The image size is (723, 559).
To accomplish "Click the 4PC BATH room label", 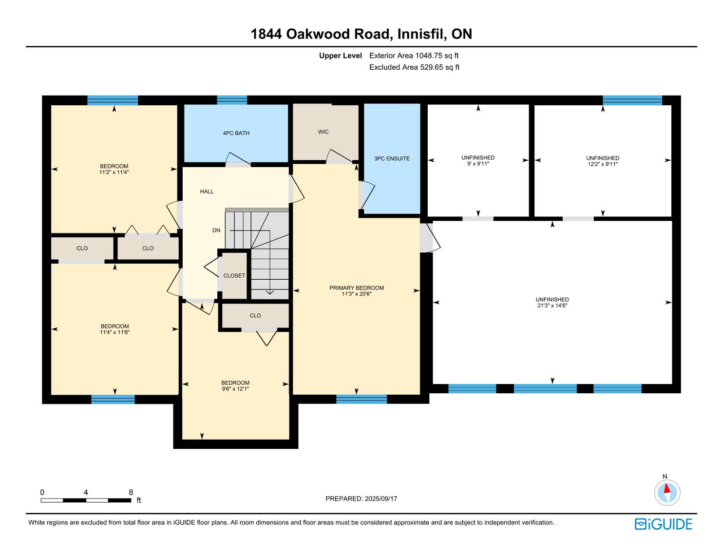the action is [236, 133].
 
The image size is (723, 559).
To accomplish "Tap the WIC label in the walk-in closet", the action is [323, 132].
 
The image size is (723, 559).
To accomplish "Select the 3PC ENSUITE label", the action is [392, 158].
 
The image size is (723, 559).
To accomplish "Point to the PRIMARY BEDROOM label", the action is [356, 288].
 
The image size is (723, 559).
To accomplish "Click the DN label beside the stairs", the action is [216, 230].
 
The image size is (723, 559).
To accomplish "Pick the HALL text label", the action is [207, 192].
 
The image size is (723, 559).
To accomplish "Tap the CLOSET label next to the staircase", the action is [234, 275].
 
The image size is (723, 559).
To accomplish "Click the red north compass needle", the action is [667, 488].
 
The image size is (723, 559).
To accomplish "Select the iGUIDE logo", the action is [663, 524].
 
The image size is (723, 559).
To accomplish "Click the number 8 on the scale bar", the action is [131, 492].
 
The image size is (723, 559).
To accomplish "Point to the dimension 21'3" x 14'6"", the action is [552, 306].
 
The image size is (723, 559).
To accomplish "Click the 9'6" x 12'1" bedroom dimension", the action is [235, 388].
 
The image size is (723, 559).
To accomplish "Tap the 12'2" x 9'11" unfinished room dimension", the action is [603, 164].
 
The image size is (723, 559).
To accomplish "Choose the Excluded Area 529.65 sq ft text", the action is [414, 67].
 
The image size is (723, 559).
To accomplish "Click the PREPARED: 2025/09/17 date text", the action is [361, 499].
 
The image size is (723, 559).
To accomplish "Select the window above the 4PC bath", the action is [232, 100].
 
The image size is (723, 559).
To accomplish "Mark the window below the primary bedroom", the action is [361, 399].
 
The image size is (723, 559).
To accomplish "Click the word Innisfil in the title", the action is [422, 34].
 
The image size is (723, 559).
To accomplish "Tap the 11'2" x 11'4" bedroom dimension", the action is [114, 172].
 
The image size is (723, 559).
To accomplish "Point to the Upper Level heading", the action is [341, 56].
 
